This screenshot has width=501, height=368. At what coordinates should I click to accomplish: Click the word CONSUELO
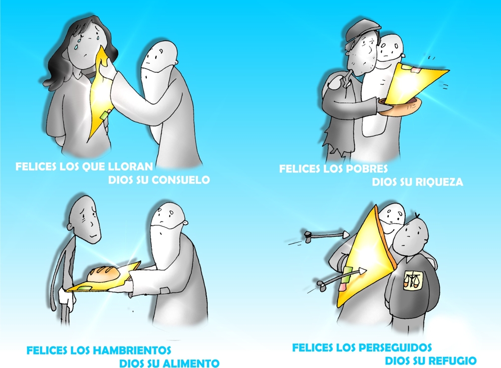coord(180,179)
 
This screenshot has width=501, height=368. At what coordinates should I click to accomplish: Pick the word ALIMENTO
coord(191,363)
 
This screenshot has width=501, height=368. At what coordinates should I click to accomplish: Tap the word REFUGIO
coord(452,360)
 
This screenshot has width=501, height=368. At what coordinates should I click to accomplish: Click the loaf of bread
coord(104,274)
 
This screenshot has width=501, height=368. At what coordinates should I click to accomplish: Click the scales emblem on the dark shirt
coord(412,280)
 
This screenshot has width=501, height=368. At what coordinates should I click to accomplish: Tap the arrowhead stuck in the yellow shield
coord(362,271)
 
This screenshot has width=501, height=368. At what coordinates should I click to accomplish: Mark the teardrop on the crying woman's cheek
coord(76,47)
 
